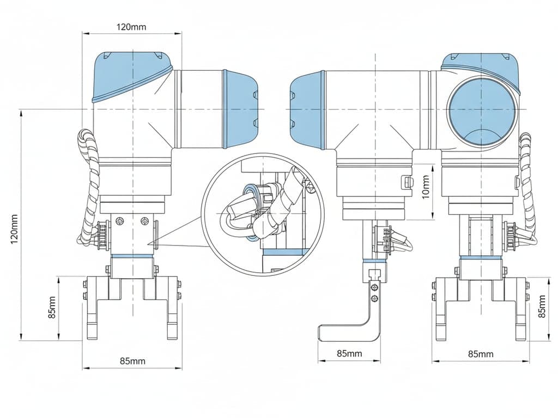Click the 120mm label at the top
coord(131,27)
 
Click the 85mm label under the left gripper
coord(132,361)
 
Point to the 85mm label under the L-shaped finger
coord(349,353)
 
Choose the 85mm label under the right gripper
coord(481,354)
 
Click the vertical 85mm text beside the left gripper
coord(52,308)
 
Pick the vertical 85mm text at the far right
coord(542,306)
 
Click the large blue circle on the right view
coord(481,112)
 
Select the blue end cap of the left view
coord(240,109)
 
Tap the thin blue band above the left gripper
coord(132,256)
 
